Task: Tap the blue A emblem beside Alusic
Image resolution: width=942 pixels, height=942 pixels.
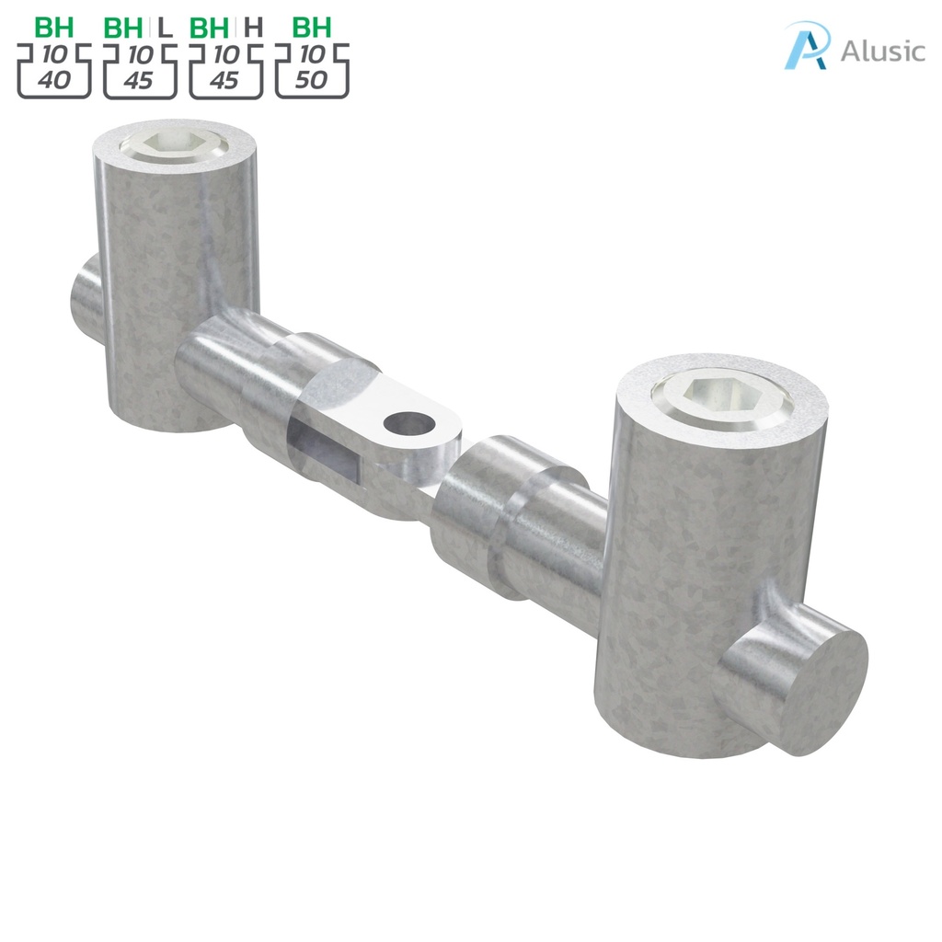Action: tap(807, 46)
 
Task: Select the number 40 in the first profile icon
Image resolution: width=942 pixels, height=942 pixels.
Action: tap(53, 80)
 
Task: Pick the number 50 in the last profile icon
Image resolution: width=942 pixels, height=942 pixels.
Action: tap(312, 80)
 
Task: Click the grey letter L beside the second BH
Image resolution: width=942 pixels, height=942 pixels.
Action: tap(166, 27)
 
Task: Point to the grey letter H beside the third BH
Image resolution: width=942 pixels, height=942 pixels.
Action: tap(253, 27)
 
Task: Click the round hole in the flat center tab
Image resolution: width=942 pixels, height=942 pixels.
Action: tap(408, 424)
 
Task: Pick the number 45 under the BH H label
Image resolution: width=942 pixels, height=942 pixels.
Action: tap(224, 80)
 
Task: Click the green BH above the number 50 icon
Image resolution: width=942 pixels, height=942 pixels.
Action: tap(312, 27)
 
